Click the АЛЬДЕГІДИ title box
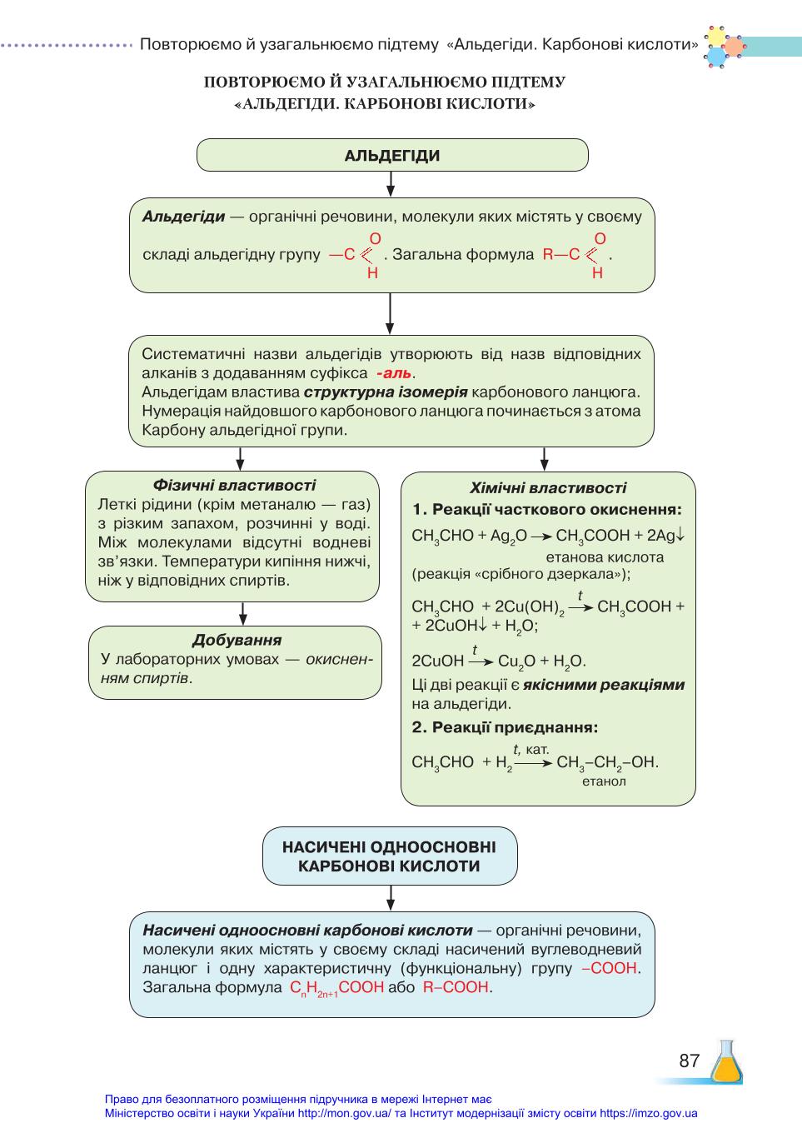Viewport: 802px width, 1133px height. click(x=392, y=155)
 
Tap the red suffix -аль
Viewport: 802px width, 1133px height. click(x=394, y=373)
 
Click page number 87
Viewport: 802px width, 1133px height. click(x=690, y=1061)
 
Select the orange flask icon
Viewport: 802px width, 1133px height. click(x=726, y=1061)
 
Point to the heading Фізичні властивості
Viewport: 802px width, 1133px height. click(x=234, y=485)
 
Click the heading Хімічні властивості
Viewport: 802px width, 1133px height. click(x=548, y=487)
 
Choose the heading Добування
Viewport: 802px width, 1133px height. click(x=237, y=640)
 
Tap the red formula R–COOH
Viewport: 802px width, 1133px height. click(x=456, y=986)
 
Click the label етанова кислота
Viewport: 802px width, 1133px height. click(x=605, y=557)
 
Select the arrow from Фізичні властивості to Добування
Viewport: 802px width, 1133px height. click(x=242, y=613)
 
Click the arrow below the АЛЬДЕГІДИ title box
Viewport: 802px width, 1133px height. click(x=391, y=184)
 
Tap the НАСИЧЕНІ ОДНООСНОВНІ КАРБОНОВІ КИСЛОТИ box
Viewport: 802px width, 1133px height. click(x=390, y=856)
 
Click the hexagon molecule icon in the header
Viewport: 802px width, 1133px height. click(x=724, y=47)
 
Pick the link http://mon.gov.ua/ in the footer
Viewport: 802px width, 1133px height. click(x=344, y=1113)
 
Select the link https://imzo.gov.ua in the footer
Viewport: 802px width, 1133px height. click(x=648, y=1113)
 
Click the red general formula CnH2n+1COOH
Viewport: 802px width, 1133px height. click(x=336, y=987)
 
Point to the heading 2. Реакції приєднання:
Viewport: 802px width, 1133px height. click(x=505, y=727)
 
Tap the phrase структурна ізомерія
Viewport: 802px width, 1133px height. click(x=386, y=392)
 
